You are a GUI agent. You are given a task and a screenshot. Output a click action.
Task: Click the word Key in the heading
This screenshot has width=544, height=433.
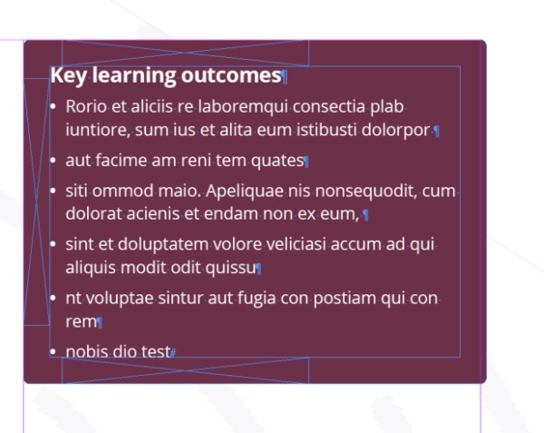[x=69, y=75]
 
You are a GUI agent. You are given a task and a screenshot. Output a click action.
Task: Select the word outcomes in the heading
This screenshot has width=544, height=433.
[x=231, y=75]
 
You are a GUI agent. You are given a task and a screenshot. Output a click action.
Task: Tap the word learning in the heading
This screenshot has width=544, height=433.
[x=134, y=75]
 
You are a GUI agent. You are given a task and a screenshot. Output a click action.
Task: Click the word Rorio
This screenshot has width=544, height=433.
[x=86, y=106]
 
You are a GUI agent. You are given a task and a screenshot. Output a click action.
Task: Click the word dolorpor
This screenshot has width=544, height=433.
[x=395, y=131]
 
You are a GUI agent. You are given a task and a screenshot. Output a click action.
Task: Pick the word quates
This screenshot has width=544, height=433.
[x=277, y=161]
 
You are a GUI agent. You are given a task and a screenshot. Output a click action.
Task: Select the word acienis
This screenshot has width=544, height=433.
[x=153, y=214]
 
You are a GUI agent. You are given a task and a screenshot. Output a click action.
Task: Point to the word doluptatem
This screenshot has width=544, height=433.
[x=163, y=245]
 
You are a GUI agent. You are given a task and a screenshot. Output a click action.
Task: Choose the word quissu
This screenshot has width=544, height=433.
[x=230, y=269]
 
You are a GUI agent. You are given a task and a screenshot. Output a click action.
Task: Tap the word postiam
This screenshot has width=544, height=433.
[x=345, y=299]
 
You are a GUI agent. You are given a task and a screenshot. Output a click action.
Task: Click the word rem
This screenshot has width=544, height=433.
[x=82, y=322]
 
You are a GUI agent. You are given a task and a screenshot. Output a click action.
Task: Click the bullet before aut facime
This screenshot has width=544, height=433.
[x=53, y=161]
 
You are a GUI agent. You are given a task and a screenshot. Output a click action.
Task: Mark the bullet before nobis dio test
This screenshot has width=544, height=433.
[x=53, y=351]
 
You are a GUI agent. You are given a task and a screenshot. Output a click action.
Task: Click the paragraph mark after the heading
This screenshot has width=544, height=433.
[x=285, y=77]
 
